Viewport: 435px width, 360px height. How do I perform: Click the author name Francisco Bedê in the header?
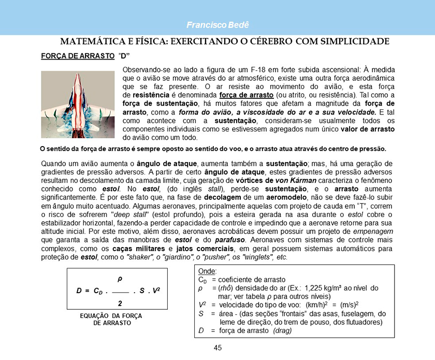217,25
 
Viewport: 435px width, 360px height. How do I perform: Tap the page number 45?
218,348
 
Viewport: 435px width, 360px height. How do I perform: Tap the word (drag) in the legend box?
287,330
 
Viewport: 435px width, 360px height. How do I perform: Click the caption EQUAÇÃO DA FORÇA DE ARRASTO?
111,319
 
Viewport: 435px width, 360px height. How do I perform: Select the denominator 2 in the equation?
120,303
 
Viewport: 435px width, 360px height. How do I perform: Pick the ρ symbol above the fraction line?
120,279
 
